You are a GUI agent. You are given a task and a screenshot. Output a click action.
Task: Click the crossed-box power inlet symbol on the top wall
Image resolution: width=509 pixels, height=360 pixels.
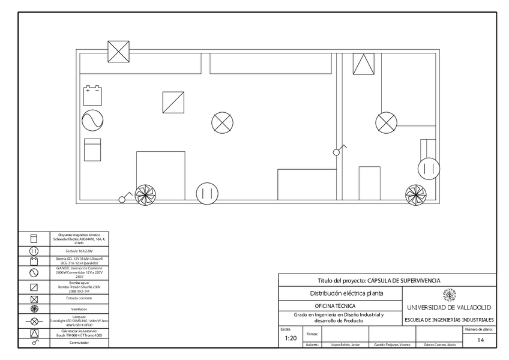click(118, 51)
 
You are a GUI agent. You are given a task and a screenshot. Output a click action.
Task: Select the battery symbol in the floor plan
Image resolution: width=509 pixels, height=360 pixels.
click(92, 95)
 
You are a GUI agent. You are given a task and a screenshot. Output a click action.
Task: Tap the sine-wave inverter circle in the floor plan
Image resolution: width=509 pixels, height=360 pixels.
click(92, 121)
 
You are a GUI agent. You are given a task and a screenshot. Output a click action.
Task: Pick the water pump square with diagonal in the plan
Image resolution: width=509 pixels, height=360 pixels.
click(173, 102)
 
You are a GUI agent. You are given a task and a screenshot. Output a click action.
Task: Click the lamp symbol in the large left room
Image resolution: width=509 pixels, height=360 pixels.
click(222, 123)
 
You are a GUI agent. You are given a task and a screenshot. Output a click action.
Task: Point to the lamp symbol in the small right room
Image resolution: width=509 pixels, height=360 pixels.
click(386, 122)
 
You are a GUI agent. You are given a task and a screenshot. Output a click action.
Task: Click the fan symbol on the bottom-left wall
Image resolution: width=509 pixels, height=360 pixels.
click(145, 194)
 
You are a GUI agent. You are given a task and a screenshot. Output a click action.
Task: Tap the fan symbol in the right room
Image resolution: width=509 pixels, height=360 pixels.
click(415, 194)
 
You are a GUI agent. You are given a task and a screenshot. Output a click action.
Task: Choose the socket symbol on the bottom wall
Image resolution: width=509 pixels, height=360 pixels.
click(207, 193)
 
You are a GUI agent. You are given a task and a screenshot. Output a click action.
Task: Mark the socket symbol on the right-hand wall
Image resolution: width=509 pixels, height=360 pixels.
click(429, 169)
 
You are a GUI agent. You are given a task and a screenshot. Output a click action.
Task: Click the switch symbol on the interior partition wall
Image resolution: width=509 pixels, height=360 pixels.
click(339, 149)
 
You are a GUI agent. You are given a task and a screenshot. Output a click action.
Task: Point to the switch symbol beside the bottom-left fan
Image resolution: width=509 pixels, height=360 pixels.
click(125, 197)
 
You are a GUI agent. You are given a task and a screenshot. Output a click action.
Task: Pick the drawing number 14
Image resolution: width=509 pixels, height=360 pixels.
click(480, 340)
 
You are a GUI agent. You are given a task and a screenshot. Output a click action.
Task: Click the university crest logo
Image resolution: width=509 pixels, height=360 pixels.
click(448, 295)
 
